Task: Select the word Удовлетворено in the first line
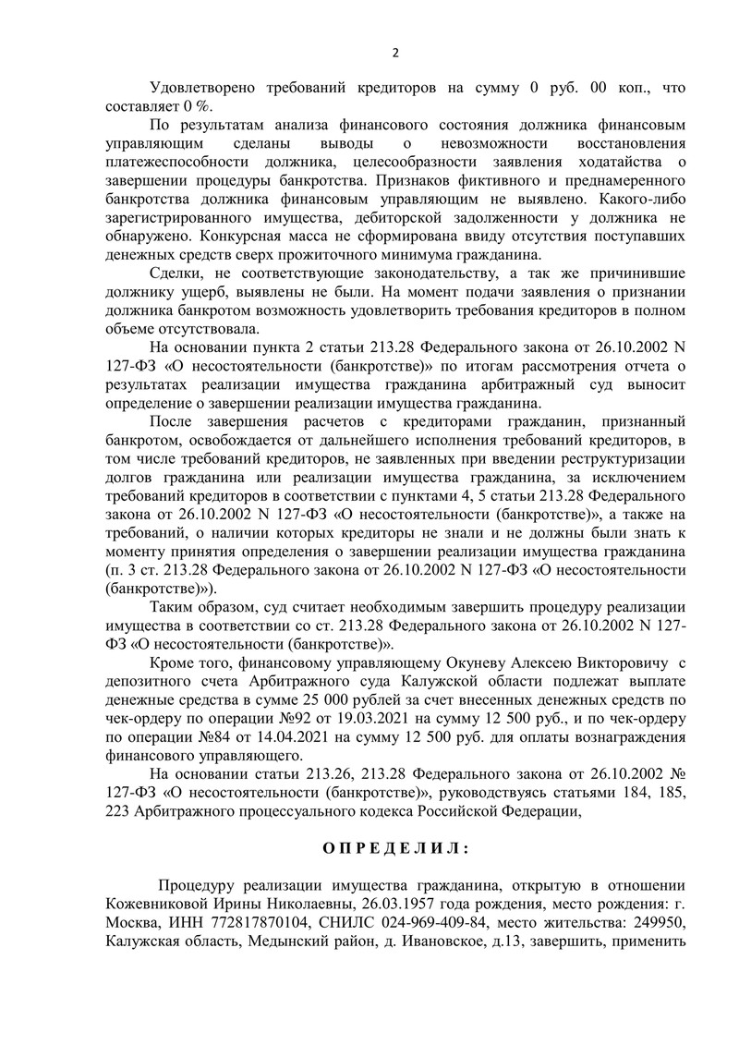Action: click(x=205, y=86)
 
